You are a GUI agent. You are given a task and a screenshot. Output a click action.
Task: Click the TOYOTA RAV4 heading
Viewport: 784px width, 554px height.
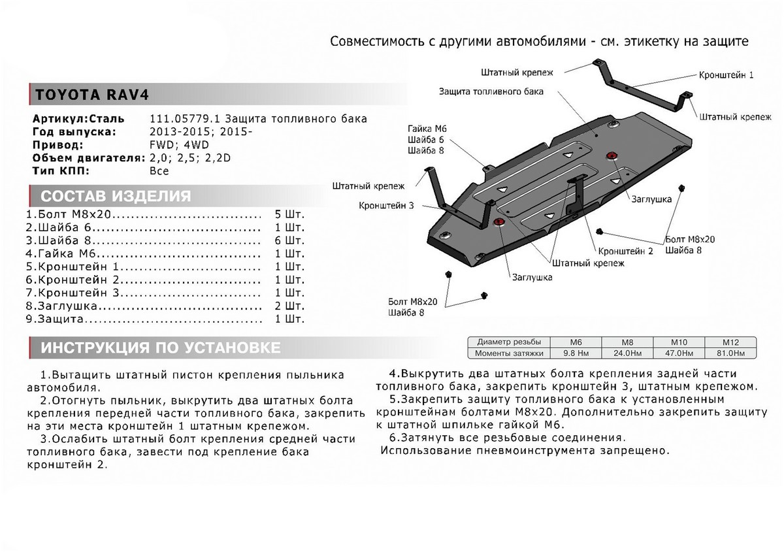pyautogui.click(x=92, y=95)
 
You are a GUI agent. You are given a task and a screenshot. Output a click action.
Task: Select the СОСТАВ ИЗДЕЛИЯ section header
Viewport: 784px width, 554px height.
pyautogui.click(x=116, y=197)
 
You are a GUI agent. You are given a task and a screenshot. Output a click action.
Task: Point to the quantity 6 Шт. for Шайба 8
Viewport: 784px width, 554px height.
pyautogui.click(x=291, y=240)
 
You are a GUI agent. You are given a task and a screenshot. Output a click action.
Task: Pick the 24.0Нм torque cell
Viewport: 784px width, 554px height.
pyautogui.click(x=627, y=353)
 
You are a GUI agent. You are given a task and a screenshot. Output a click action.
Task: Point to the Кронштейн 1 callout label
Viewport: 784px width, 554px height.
pyautogui.click(x=726, y=75)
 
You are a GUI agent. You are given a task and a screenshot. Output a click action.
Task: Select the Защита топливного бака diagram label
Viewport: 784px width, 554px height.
pyautogui.click(x=491, y=91)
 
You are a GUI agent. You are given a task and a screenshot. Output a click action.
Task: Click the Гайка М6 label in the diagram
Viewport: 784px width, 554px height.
pyautogui.click(x=427, y=129)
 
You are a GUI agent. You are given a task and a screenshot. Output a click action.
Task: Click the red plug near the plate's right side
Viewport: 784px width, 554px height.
pyautogui.click(x=612, y=155)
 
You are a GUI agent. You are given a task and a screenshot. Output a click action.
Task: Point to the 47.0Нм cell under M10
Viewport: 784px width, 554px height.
pyautogui.click(x=678, y=353)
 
